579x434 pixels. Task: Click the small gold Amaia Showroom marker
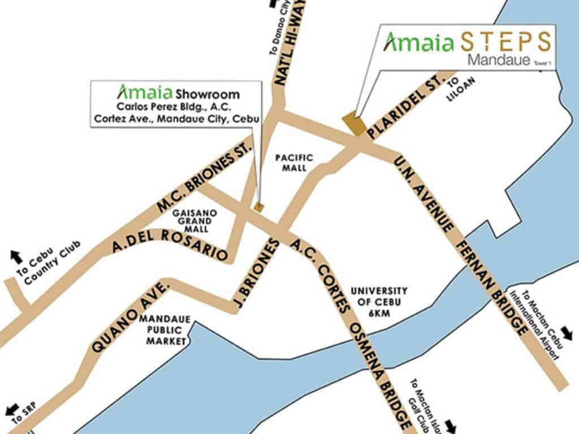pyautogui.click(x=260, y=207)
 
